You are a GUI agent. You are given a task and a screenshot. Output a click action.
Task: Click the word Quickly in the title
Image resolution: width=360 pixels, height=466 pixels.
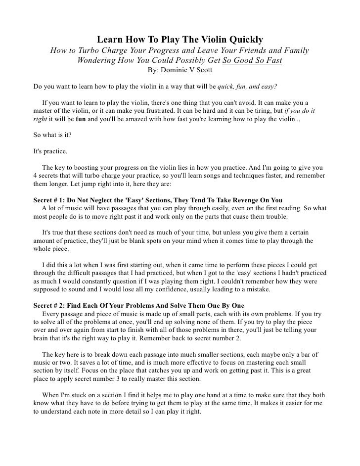tap(246, 39)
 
